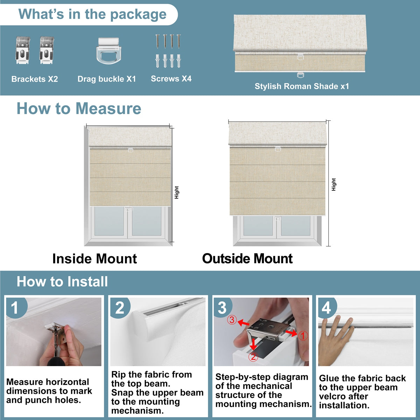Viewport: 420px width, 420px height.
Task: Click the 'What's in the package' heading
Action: tap(92, 14)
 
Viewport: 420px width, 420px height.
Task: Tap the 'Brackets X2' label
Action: tap(34, 79)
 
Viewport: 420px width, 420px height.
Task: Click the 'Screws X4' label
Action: tap(171, 79)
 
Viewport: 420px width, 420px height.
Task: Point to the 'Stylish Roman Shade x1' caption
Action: tap(302, 86)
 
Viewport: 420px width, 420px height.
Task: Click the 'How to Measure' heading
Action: tap(79, 108)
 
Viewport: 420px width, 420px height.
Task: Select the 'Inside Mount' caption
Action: tap(94, 259)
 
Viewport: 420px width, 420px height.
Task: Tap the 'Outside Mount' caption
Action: tap(247, 259)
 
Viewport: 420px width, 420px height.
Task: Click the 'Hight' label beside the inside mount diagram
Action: tap(176, 192)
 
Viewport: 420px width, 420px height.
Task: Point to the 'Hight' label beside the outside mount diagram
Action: tap(334, 184)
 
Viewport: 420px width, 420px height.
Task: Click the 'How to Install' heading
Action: tap(62, 282)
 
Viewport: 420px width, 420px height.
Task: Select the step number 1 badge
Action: tap(15, 308)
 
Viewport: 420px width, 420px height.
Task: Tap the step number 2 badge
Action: tap(120, 308)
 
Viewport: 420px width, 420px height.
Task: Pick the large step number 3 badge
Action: tap(222, 308)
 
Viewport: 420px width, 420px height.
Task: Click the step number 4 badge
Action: tap(326, 308)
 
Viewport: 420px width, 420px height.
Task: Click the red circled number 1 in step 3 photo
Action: tap(302, 336)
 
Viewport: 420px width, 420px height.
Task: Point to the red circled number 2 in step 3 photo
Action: tap(253, 357)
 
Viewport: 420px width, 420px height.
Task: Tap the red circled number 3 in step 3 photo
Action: tap(232, 320)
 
